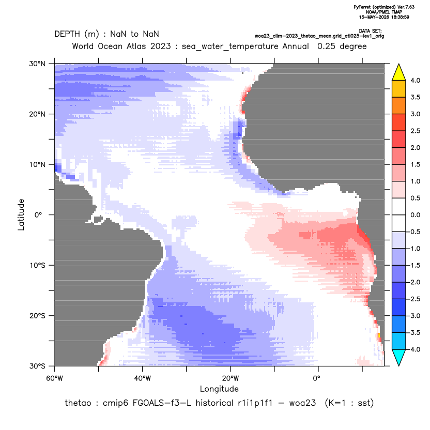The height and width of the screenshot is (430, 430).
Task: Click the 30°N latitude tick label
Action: click(x=37, y=64)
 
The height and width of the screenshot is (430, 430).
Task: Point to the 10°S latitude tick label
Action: click(x=37, y=266)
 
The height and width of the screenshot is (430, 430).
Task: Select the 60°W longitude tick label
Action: click(x=54, y=378)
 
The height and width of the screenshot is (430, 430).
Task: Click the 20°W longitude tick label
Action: click(x=231, y=378)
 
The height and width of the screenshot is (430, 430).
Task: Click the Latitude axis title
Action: click(x=21, y=214)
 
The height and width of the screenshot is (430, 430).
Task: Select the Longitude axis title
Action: click(x=219, y=389)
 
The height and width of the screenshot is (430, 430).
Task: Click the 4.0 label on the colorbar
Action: click(x=415, y=80)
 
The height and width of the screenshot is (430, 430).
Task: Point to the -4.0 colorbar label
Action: click(x=414, y=349)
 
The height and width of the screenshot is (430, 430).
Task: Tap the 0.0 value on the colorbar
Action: click(x=415, y=215)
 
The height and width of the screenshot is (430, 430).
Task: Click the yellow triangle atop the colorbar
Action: click(x=399, y=72)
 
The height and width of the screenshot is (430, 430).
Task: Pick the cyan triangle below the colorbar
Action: click(x=399, y=358)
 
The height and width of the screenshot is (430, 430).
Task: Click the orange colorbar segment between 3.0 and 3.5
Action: click(x=399, y=105)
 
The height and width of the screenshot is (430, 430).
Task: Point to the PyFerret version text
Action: click(x=384, y=7)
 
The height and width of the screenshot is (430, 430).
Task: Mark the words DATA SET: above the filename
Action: click(x=370, y=31)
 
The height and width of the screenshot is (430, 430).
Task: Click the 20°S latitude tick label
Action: click(x=37, y=316)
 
